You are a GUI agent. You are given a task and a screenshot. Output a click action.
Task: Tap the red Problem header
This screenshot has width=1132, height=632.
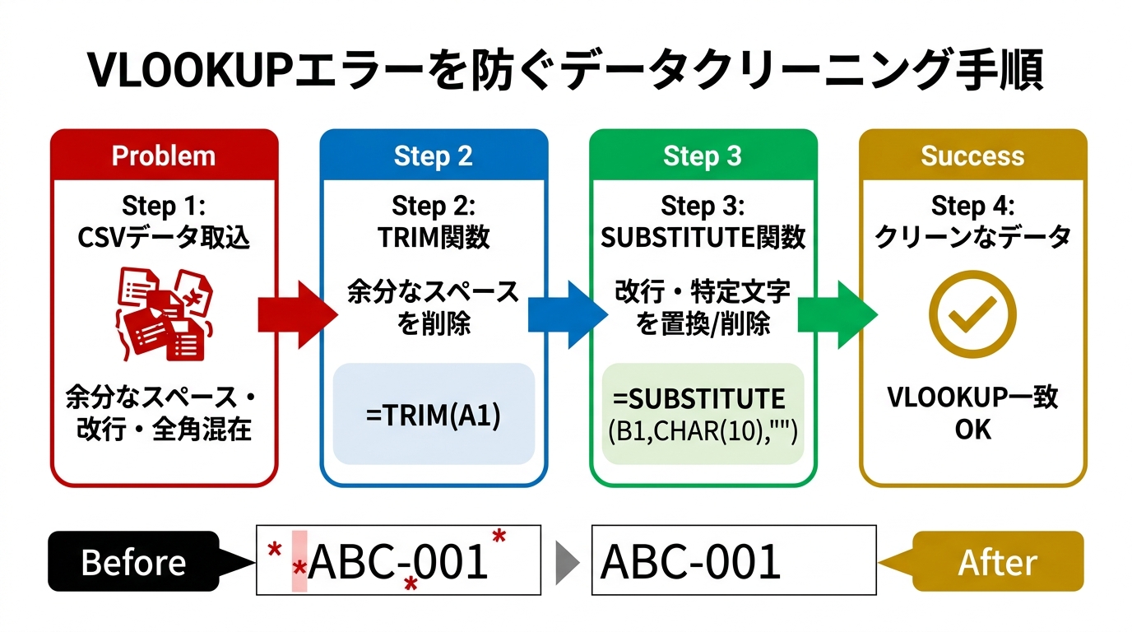(x=164, y=156)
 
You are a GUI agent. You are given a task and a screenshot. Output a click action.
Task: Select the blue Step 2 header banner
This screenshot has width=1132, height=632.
(x=433, y=156)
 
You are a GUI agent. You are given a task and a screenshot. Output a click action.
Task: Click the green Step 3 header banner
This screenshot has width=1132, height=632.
(x=703, y=156)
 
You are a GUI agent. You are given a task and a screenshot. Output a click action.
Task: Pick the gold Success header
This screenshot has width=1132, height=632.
(x=972, y=156)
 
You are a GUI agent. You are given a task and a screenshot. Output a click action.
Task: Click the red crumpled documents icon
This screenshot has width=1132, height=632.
(x=165, y=313)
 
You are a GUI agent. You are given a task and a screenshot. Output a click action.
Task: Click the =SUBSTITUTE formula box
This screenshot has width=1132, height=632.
(x=703, y=414)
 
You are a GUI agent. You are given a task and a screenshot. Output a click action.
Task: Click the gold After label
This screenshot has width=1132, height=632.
(x=997, y=562)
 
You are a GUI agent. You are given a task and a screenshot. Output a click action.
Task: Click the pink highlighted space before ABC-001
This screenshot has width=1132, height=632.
(x=299, y=561)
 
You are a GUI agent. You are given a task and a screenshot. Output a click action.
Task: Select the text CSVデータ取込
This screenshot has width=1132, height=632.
(x=164, y=237)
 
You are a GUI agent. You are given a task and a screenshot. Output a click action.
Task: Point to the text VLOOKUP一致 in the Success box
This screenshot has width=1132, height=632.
(x=972, y=397)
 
